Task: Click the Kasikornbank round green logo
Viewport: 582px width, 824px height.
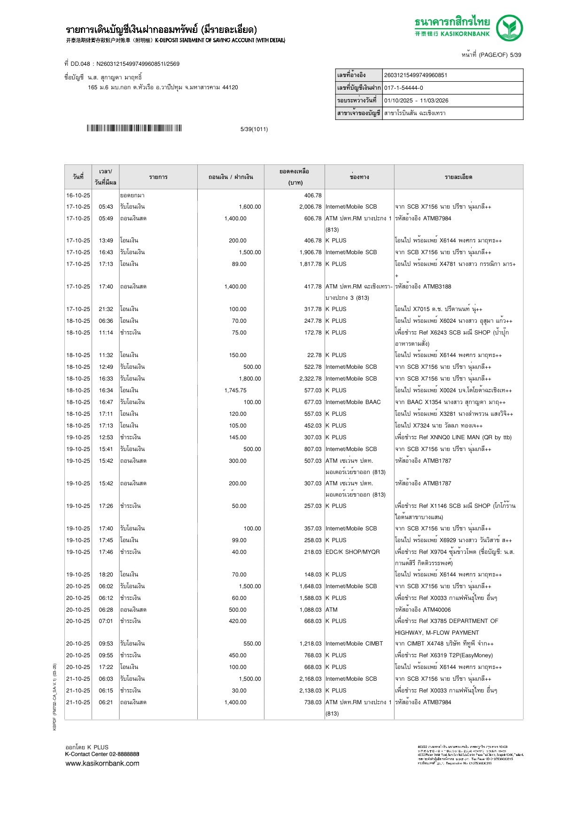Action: [510, 28]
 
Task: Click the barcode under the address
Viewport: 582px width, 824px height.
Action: [134, 128]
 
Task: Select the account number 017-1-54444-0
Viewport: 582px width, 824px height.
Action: [404, 88]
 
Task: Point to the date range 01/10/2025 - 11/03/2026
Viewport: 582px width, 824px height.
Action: [416, 101]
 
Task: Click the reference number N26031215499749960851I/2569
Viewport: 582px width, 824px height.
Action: [138, 64]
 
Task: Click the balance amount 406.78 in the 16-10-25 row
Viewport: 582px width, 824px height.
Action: [313, 195]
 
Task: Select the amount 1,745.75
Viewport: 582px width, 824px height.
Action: [235, 390]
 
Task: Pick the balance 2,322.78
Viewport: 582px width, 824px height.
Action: [310, 379]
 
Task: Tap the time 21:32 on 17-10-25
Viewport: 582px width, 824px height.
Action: [106, 309]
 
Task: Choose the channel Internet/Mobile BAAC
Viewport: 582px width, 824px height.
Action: [353, 402]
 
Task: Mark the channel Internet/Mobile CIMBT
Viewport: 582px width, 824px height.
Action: [354, 644]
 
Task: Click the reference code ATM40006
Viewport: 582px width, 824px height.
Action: [437, 610]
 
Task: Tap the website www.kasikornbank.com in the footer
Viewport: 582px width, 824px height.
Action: [102, 763]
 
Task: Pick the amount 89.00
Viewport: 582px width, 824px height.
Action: [239, 264]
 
